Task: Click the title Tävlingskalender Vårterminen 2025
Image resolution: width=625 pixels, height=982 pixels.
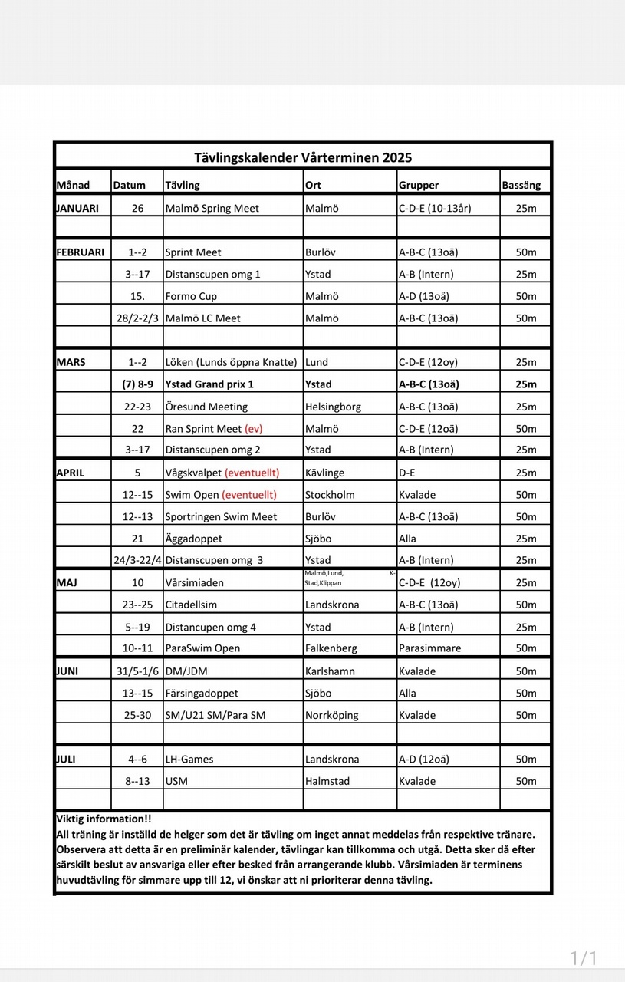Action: point(303,157)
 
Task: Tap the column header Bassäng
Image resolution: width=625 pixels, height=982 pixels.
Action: point(521,185)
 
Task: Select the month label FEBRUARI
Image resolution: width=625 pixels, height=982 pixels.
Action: point(81,252)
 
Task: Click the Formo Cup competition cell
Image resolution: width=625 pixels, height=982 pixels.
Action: point(191,296)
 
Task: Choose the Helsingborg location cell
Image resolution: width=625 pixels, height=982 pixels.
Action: point(333,407)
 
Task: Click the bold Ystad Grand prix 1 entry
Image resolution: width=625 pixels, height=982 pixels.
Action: point(209,384)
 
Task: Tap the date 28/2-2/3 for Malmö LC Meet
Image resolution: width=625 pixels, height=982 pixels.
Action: point(137,318)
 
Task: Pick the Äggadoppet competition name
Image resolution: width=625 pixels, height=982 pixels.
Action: point(194,539)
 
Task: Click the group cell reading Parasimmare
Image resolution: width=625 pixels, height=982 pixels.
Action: point(429,648)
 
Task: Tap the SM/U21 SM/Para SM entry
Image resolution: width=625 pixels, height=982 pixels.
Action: point(215,715)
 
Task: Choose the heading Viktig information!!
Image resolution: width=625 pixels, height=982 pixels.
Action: point(104,819)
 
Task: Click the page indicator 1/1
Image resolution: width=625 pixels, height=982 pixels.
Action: point(583,957)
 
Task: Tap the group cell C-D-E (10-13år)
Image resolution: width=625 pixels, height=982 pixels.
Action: point(435,208)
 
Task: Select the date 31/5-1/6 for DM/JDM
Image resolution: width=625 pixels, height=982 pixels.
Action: point(137,671)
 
